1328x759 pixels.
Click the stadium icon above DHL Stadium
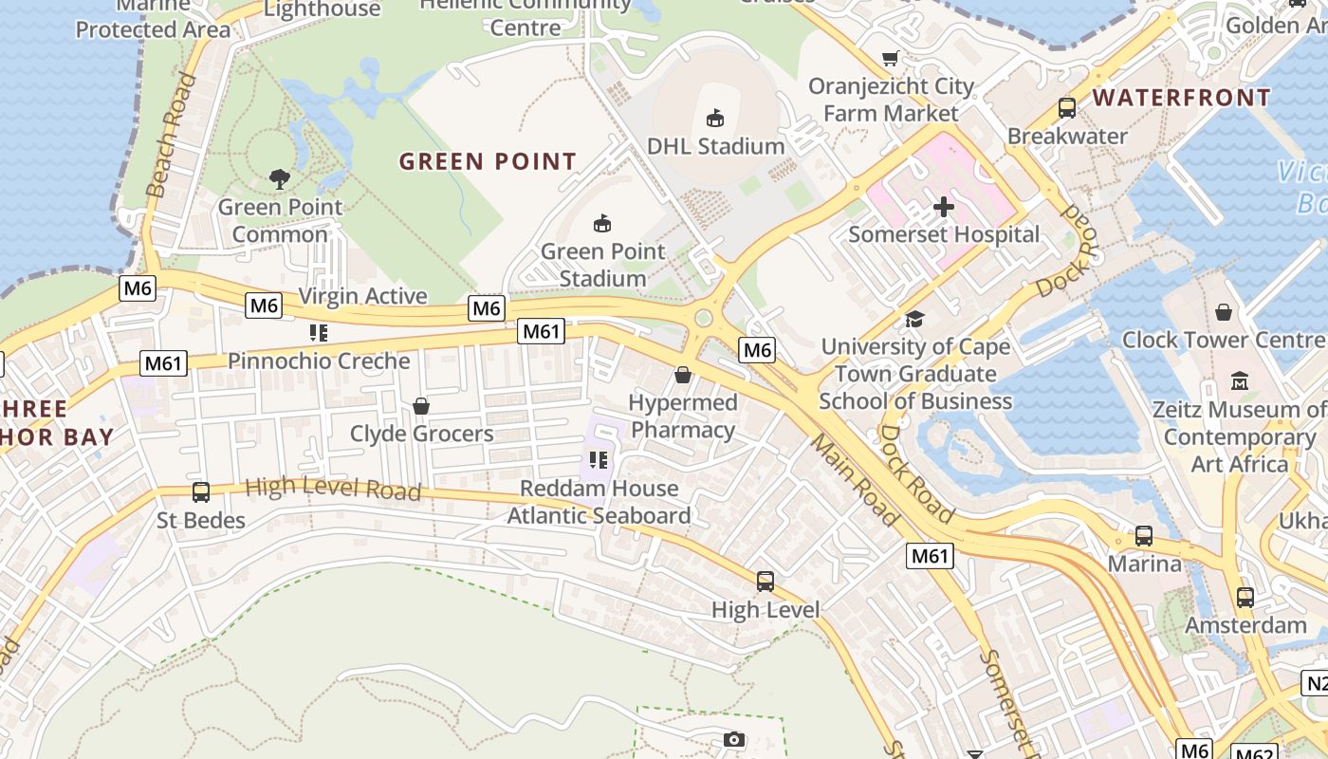point(714,119)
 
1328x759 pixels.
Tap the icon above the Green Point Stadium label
point(601,224)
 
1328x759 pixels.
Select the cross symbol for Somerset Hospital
point(944,207)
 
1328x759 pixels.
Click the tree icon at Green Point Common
point(279,178)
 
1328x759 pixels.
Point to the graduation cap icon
point(914,320)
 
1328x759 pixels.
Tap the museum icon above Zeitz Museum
point(1239,381)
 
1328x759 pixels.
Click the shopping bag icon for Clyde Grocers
point(421,407)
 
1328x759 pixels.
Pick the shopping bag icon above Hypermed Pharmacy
point(682,376)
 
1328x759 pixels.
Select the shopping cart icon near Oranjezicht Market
point(890,59)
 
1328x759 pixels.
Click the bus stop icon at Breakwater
point(1067,108)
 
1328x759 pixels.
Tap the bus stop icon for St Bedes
point(201,492)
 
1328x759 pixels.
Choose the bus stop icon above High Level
point(765,582)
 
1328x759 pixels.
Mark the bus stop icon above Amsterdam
point(1245,598)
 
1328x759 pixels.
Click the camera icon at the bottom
point(733,739)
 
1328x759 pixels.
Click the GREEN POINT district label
point(488,161)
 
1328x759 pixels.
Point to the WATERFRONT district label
point(1181,98)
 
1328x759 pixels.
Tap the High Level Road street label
point(333,489)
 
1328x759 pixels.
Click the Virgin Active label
point(362,296)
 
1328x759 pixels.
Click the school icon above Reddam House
point(598,461)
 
